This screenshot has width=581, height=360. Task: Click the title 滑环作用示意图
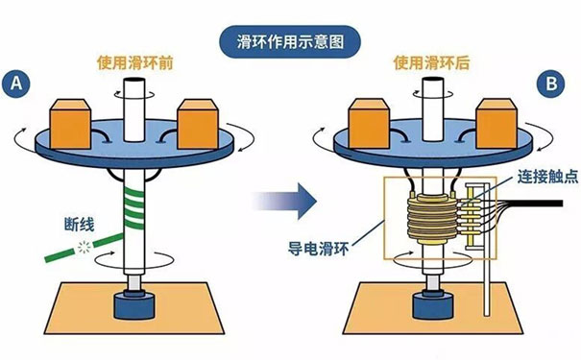[x=290, y=41]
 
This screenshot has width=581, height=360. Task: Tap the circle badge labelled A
[x=17, y=84]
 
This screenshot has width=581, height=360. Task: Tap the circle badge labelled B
[x=551, y=84]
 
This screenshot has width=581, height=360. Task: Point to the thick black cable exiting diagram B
[x=543, y=204]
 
